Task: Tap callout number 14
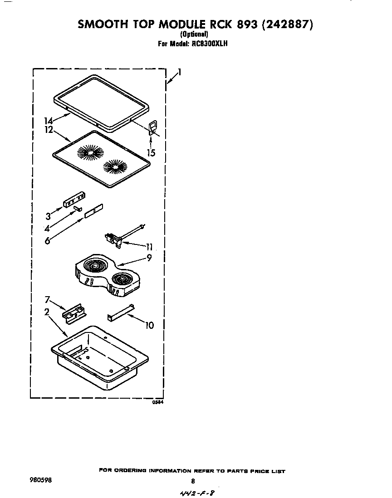[49, 121]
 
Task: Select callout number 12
[49, 130]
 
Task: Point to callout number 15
[151, 153]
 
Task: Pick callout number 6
[47, 241]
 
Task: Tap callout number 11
[149, 247]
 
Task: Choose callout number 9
[148, 258]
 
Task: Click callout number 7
[47, 300]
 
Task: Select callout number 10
[149, 325]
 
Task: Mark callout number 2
[47, 312]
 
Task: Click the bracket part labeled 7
[75, 313]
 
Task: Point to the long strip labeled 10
[121, 312]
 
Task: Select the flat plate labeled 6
[93, 211]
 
